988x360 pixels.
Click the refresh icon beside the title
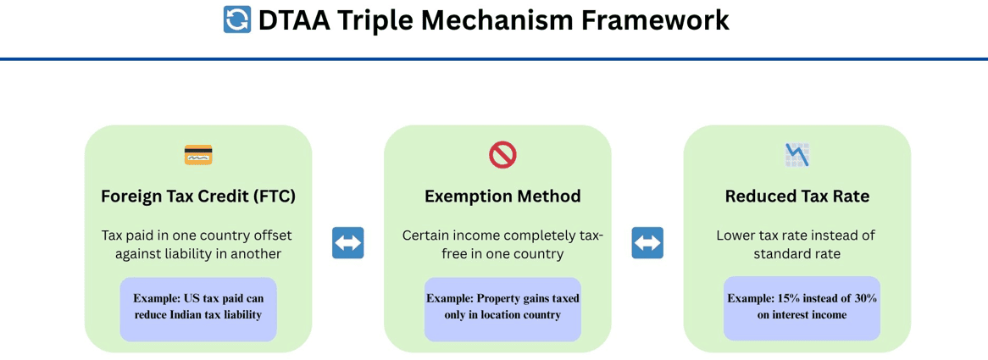click(x=237, y=19)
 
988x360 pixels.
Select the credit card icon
click(x=197, y=155)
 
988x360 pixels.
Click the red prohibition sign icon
click(x=502, y=155)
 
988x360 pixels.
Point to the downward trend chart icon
click(x=797, y=155)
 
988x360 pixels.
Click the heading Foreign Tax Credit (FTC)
click(x=197, y=197)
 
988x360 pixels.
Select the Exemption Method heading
click(x=502, y=197)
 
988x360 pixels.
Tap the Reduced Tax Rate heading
click(x=797, y=197)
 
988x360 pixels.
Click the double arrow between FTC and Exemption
click(x=348, y=243)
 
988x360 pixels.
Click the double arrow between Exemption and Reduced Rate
click(x=647, y=243)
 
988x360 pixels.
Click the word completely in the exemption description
click(x=540, y=236)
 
